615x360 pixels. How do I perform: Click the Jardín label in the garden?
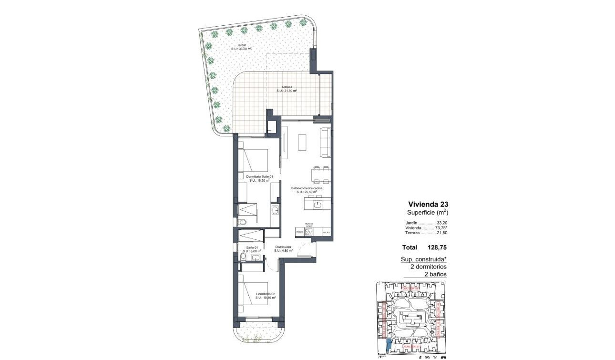point(235,47)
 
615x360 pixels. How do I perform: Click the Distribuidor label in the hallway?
point(283,248)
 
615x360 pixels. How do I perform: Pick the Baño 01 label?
point(252,249)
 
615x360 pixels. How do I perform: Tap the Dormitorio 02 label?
point(266,295)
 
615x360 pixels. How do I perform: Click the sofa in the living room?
point(325,142)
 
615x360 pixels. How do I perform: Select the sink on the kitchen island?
point(318,205)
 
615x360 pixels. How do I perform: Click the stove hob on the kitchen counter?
point(309,232)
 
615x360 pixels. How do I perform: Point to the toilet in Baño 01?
point(243,257)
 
